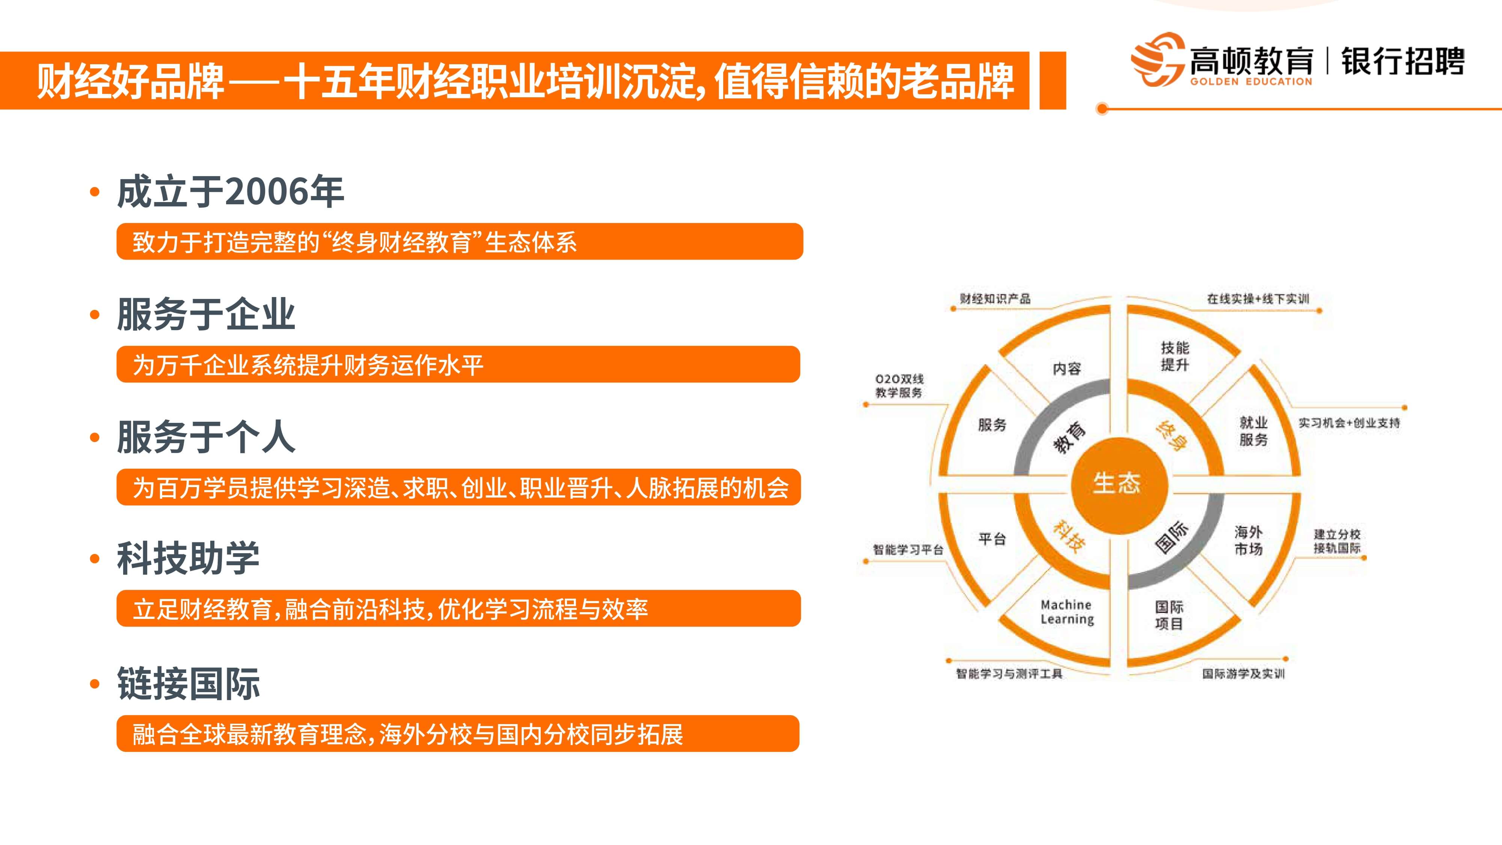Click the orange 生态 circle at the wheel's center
(1119, 485)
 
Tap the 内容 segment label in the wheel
(1066, 368)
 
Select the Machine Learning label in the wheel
(1067, 612)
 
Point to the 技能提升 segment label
(1174, 356)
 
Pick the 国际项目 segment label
(1169, 615)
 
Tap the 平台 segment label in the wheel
(992, 539)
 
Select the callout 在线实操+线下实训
(1258, 299)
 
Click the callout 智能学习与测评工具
(1009, 673)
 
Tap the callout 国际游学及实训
(1243, 673)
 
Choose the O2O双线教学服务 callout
(899, 385)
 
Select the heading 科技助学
(189, 558)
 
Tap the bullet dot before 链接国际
(95, 684)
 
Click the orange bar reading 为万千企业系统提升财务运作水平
(458, 364)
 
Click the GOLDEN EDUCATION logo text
(1251, 81)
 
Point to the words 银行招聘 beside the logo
(1402, 61)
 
